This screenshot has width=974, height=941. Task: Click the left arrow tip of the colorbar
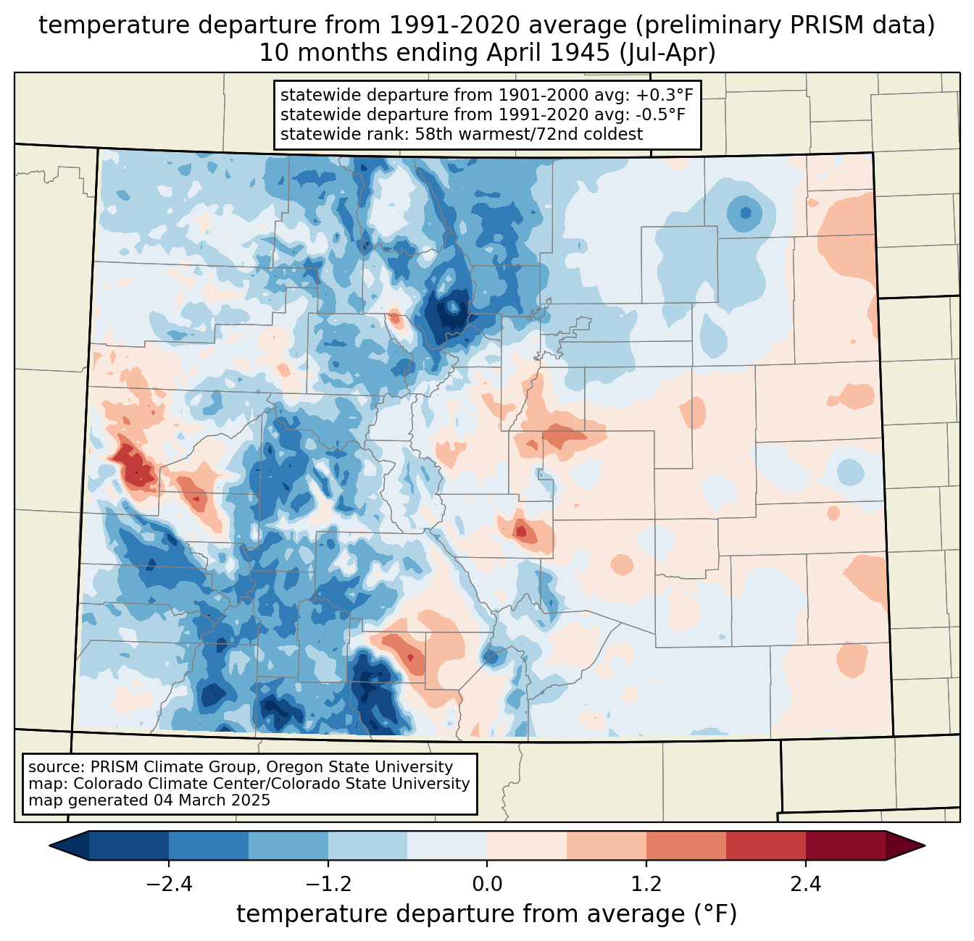(49, 846)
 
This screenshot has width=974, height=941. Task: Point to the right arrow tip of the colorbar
(925, 846)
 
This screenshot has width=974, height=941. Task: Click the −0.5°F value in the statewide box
(661, 114)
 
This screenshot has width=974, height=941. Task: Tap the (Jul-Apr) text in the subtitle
(667, 53)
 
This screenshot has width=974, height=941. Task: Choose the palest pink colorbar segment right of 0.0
(527, 846)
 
